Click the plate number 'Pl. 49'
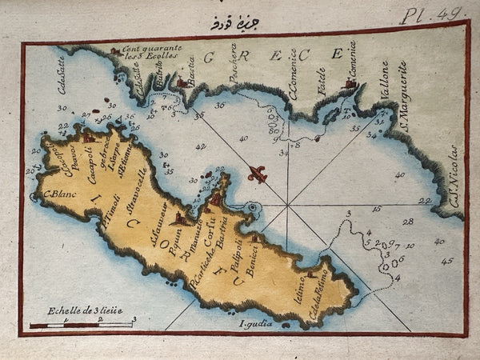click(442, 14)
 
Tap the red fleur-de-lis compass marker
click(256, 174)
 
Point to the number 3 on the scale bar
click(134, 319)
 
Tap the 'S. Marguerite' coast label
click(404, 97)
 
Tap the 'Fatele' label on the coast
click(322, 81)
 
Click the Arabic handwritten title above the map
click(226, 23)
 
